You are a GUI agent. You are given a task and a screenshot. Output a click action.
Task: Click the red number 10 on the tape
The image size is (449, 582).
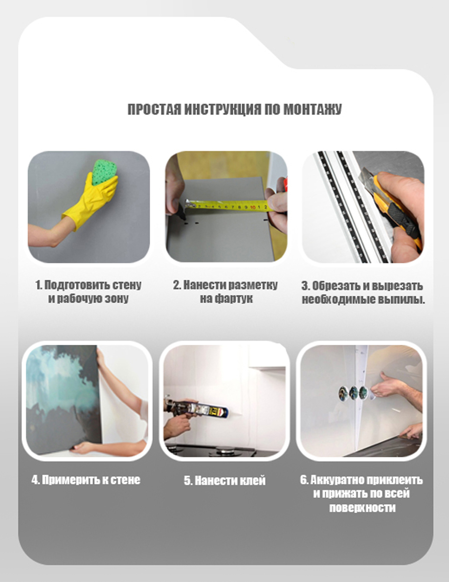[253, 207]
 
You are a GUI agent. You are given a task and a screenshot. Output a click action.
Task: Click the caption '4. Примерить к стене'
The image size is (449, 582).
[86, 480]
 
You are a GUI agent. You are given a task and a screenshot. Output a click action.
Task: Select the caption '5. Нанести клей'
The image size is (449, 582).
[224, 481]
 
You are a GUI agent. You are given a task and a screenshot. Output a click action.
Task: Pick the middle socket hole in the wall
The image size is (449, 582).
[352, 391]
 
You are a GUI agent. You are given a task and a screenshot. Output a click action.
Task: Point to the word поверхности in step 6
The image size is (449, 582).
[362, 508]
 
